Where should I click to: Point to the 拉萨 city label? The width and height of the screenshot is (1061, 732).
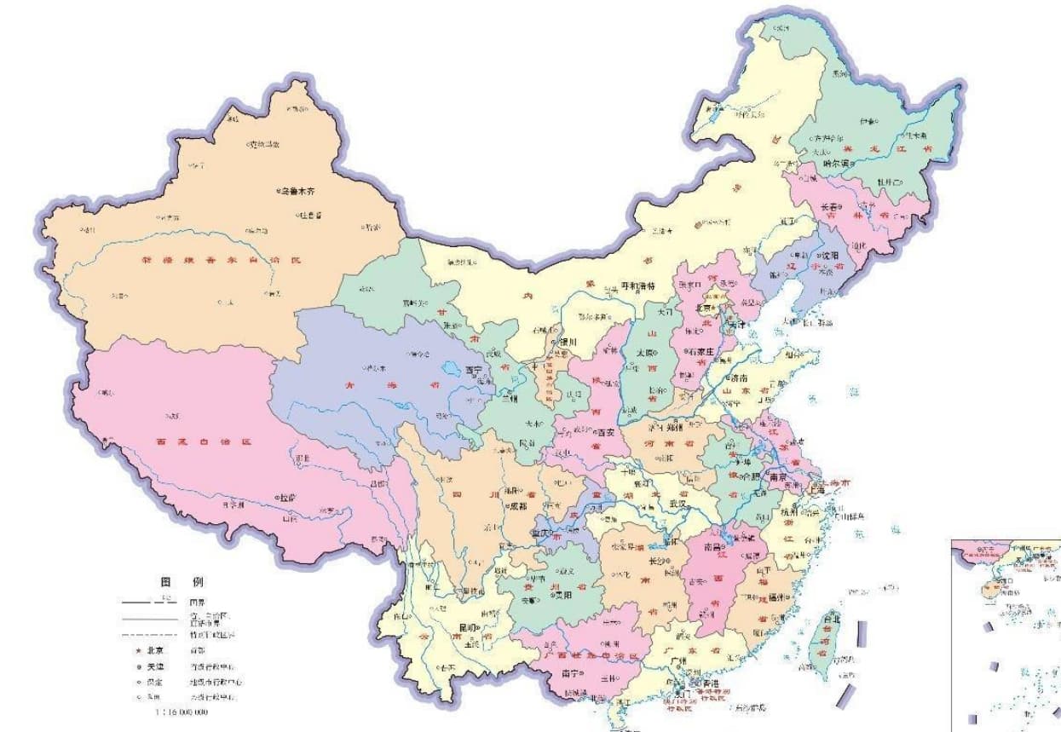point(290,497)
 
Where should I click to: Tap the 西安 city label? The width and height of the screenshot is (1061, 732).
point(603,432)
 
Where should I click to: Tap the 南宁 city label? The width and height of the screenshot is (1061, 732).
point(571,673)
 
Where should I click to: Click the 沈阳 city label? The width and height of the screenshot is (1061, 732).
point(826,255)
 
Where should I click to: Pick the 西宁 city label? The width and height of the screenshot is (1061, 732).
point(473,371)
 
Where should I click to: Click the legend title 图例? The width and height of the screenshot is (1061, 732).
point(182,582)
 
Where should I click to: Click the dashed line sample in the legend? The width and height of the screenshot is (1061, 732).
point(151,635)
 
